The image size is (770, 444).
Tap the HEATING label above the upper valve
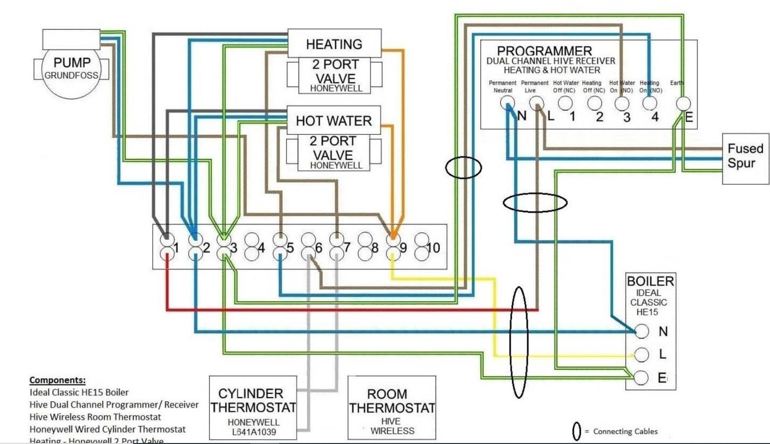[334, 44]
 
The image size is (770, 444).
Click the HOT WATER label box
[334, 120]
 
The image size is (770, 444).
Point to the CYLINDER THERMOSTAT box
[253, 407]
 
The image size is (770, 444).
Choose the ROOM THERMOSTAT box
[392, 407]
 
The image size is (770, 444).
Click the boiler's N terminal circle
[642, 331]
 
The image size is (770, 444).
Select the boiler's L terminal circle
[642, 354]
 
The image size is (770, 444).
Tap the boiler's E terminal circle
[642, 378]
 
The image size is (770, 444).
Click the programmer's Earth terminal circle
[683, 103]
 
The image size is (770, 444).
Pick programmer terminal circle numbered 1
[565, 103]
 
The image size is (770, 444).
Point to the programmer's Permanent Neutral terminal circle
[507, 103]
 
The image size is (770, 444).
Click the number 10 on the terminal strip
[433, 248]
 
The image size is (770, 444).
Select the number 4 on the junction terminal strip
[261, 248]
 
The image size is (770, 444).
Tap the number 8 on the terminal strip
[375, 248]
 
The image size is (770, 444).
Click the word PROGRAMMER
[544, 51]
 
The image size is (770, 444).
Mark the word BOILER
[650, 281]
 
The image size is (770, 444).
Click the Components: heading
[57, 380]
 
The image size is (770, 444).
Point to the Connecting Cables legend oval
[577, 431]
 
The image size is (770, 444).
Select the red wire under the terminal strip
[337, 310]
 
